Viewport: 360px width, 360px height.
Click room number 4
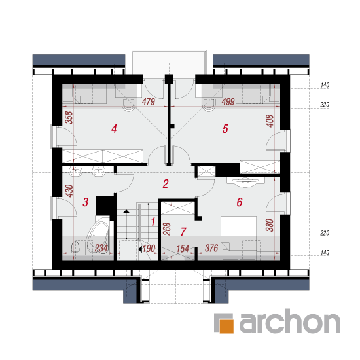[x=114, y=128]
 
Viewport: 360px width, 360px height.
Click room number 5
[x=225, y=129]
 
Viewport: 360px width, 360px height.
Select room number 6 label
[x=240, y=202]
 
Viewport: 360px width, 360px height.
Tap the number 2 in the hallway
[x=166, y=184]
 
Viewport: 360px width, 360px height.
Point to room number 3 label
[x=85, y=202]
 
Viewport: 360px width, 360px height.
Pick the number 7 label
[x=183, y=232]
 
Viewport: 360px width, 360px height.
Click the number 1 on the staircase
[x=153, y=221]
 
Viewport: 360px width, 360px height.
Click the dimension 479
[x=149, y=101]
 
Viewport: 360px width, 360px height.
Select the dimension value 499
[x=228, y=101]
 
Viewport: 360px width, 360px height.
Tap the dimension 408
[x=270, y=121]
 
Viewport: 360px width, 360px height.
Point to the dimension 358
[x=69, y=118]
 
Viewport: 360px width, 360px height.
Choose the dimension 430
[x=69, y=190]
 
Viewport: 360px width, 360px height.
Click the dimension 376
[x=211, y=248]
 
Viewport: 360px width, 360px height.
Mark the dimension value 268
[x=167, y=229]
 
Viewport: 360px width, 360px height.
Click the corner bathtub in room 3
[x=98, y=235]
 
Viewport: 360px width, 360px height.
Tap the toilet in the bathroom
[x=75, y=247]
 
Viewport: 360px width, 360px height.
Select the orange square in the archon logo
[x=226, y=326]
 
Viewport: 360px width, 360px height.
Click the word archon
[x=290, y=321]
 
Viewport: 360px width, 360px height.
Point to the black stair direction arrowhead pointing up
[x=126, y=211]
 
